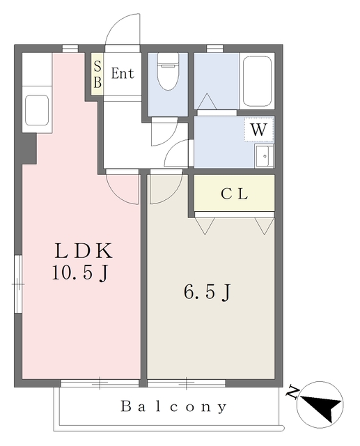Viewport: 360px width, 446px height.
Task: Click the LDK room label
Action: pos(84,251)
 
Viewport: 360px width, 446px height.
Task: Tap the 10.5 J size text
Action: pos(80,272)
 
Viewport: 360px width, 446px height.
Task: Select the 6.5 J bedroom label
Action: pos(207,292)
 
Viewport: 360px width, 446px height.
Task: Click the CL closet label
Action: pos(235,194)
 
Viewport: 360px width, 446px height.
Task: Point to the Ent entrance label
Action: pos(123,73)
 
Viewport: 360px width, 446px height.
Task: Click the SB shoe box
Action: pos(97,74)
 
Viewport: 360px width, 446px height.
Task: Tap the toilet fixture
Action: pos(168,71)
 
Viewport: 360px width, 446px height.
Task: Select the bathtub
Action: pos(257,81)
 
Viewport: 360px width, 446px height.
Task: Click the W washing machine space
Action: pos(259,130)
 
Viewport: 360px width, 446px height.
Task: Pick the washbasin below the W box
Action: pos(264,156)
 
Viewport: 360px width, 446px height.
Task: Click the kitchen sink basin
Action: pos(37,110)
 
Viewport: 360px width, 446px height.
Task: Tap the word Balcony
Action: pos(174,407)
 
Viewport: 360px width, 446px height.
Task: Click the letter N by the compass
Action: pos(292,392)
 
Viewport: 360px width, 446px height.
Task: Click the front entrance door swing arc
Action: pos(119,26)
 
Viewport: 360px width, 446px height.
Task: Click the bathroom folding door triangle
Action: pos(207,102)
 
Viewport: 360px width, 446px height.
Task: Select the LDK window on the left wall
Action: pos(18,284)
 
